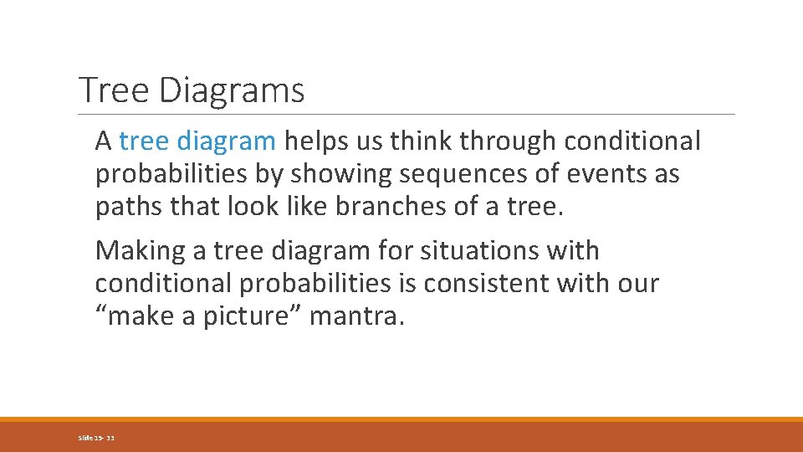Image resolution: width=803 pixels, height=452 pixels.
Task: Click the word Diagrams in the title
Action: click(x=231, y=90)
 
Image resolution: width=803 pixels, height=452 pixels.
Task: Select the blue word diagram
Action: click(x=226, y=142)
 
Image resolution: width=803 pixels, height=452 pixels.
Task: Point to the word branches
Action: click(x=392, y=208)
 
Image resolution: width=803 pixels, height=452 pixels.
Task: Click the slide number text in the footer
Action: click(x=96, y=438)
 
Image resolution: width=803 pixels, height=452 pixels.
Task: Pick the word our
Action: click(x=640, y=284)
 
